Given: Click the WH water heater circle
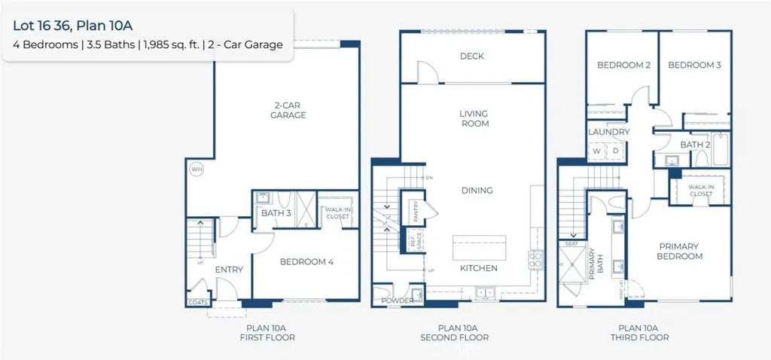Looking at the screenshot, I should click(x=197, y=169).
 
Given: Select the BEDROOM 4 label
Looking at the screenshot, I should click(x=306, y=262).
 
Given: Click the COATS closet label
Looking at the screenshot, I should click(x=197, y=303).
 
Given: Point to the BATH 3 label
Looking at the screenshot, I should click(x=276, y=213).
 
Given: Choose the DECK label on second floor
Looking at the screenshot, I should click(x=472, y=56).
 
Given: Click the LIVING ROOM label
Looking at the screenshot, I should click(x=474, y=118).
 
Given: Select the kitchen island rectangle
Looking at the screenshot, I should click(x=479, y=248).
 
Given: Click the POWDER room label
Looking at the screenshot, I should click(x=397, y=301).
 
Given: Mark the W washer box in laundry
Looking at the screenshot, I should click(x=596, y=151).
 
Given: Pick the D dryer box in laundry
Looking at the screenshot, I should click(x=614, y=151).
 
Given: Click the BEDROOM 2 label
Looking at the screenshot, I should click(x=623, y=66).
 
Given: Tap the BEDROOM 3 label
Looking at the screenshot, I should click(x=695, y=66).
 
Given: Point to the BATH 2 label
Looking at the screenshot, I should click(x=696, y=145).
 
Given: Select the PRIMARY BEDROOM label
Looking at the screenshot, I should click(x=681, y=251).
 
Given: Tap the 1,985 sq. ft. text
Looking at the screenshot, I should click(x=171, y=44).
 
